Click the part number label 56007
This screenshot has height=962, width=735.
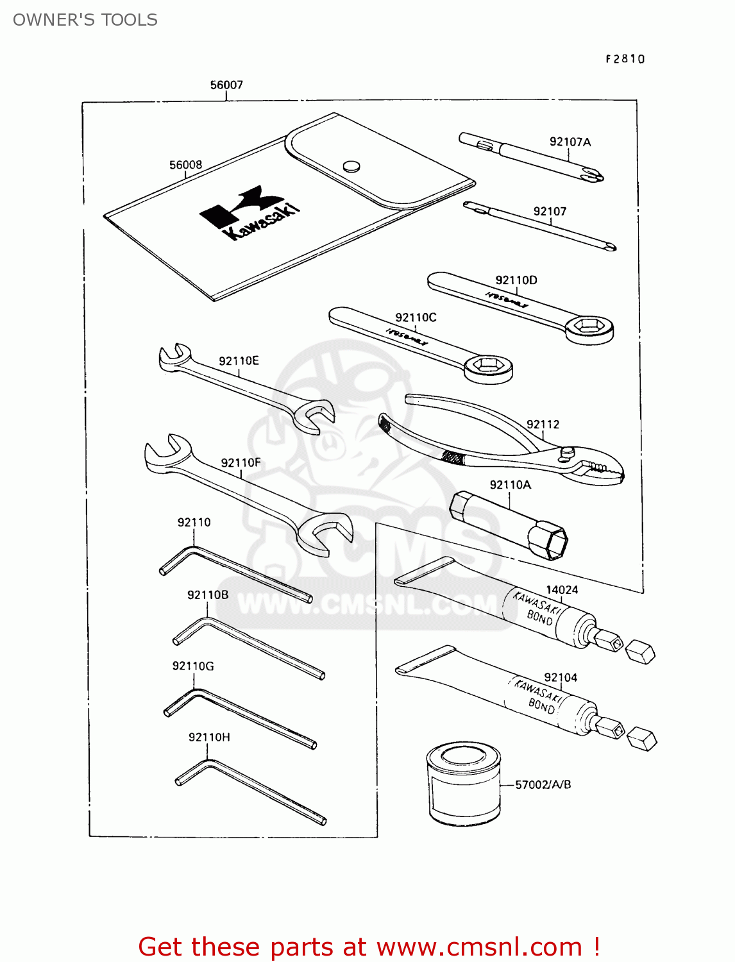pyautogui.click(x=226, y=85)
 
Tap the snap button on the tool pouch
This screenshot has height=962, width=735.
pyautogui.click(x=350, y=166)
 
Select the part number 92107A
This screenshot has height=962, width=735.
pyautogui.click(x=570, y=142)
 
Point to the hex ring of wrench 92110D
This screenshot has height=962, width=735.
pyautogui.click(x=589, y=328)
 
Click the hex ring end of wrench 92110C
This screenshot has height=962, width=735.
pyautogui.click(x=488, y=367)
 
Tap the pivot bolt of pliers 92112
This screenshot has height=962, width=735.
pyautogui.click(x=566, y=453)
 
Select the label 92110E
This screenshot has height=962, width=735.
pyautogui.click(x=239, y=360)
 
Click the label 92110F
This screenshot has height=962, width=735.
pyautogui.click(x=241, y=462)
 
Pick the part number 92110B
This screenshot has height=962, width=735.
pyautogui.click(x=208, y=595)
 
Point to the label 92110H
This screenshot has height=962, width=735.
pyautogui.click(x=209, y=737)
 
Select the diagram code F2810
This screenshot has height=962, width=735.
pyautogui.click(x=625, y=59)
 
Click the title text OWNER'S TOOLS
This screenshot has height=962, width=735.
pyautogui.click(x=85, y=20)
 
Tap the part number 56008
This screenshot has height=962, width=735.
pyautogui.click(x=185, y=165)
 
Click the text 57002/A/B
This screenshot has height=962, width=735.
pyautogui.click(x=543, y=784)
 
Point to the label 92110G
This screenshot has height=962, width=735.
pyautogui.click(x=193, y=666)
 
